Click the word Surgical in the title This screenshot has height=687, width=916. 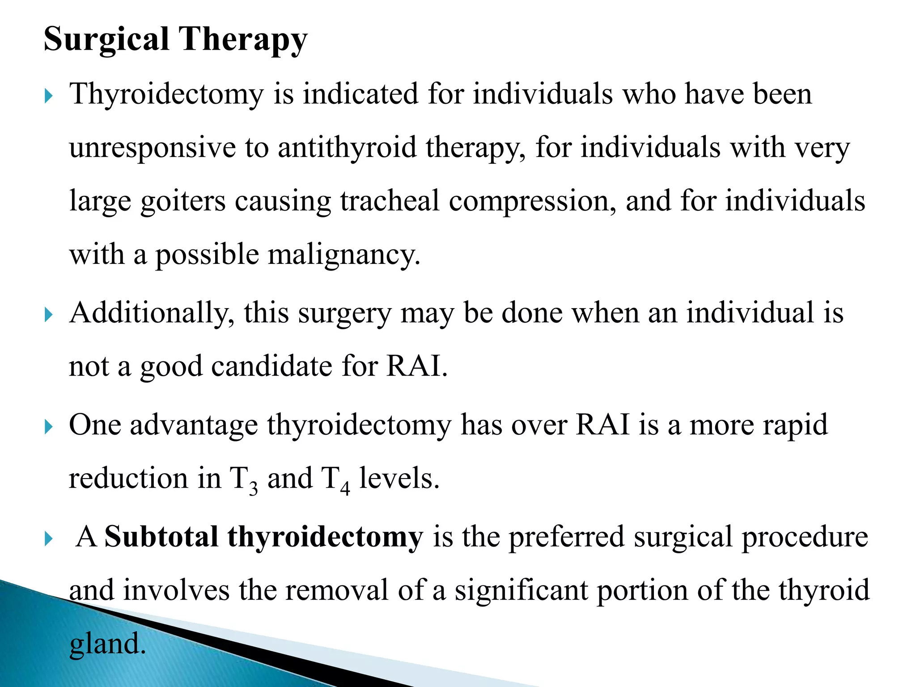coord(106,39)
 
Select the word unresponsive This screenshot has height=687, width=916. coord(153,148)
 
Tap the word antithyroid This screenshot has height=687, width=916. coord(347,148)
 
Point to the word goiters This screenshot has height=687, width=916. coord(183,201)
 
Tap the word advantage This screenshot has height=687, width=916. coord(194,425)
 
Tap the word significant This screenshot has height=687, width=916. coord(521,590)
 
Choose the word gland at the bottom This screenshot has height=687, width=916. coord(107,644)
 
